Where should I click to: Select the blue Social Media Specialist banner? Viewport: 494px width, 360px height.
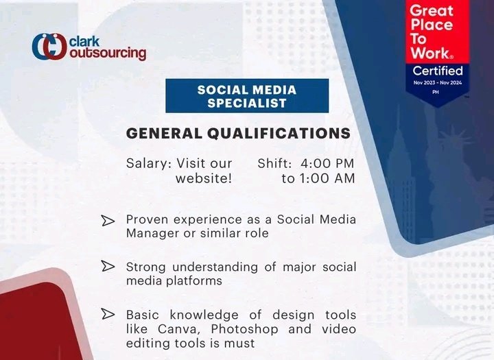246,96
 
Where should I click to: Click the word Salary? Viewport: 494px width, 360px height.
148,164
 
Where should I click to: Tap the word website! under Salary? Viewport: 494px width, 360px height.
204,179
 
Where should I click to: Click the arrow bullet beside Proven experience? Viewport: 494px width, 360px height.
108,221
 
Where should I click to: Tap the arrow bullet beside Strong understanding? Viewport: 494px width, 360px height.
108,266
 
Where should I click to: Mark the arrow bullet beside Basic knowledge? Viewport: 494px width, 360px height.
108,315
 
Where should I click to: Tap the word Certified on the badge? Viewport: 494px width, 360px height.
437,71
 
